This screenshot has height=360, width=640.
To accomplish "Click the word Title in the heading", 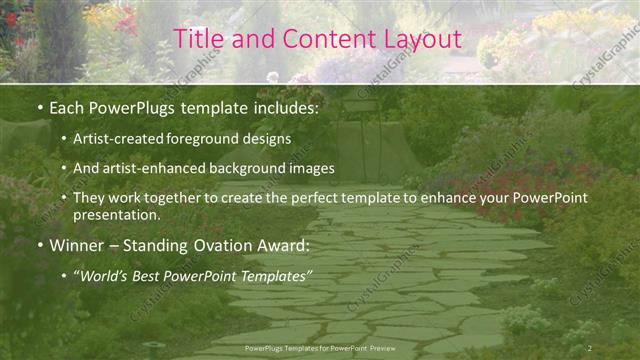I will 197,39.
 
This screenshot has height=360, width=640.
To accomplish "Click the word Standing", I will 158,245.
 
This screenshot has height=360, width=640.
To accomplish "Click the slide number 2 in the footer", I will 589,347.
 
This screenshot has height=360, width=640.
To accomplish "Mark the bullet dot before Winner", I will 39,245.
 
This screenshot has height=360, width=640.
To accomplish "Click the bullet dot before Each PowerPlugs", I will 39,106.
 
